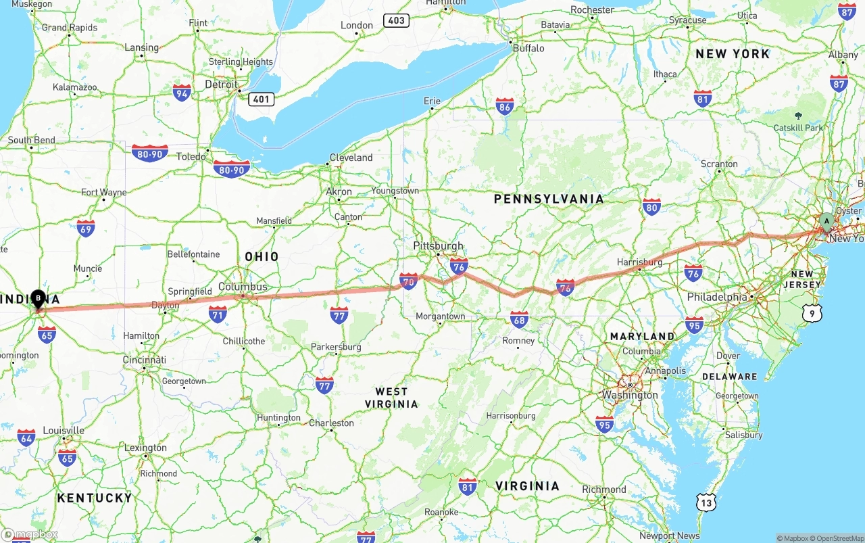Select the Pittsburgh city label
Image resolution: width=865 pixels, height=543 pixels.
pyautogui.click(x=438, y=246)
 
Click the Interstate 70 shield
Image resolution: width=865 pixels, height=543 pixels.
pyautogui.click(x=408, y=281)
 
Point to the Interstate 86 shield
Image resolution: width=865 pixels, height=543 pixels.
pyautogui.click(x=504, y=105)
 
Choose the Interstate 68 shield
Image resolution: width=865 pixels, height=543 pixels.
pyautogui.click(x=519, y=318)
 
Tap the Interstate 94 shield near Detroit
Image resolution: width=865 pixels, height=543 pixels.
pyautogui.click(x=182, y=93)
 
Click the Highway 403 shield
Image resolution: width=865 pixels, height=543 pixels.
pyautogui.click(x=396, y=20)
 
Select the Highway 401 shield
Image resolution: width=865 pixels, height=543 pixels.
pyautogui.click(x=260, y=99)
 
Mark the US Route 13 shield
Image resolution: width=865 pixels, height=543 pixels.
pyautogui.click(x=706, y=502)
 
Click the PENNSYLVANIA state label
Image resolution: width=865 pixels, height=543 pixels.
pyautogui.click(x=549, y=199)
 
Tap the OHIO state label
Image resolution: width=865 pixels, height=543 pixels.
pyautogui.click(x=262, y=257)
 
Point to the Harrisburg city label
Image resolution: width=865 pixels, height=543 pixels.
pyautogui.click(x=639, y=262)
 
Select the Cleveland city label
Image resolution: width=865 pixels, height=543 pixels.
pyautogui.click(x=351, y=158)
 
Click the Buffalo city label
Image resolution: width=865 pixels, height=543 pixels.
pyautogui.click(x=528, y=48)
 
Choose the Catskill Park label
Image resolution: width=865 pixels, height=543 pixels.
pyautogui.click(x=798, y=128)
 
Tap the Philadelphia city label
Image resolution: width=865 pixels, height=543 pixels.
pyautogui.click(x=717, y=297)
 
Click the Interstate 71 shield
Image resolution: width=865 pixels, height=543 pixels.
pyautogui.click(x=217, y=314)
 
